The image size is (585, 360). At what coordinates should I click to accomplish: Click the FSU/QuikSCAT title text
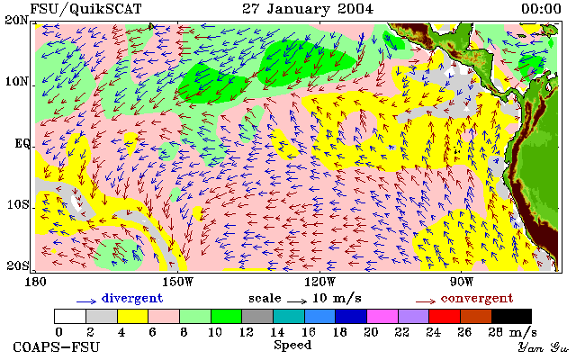85,9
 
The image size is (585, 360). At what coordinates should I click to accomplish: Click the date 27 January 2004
308,9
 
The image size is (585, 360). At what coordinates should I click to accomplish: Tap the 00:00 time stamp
541,9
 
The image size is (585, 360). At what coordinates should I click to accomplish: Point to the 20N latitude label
16,20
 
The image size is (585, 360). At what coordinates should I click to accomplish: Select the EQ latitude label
22,143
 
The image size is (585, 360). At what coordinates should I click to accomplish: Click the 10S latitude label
18,204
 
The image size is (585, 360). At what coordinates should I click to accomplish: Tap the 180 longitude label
35,282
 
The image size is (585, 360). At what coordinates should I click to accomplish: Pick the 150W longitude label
178,282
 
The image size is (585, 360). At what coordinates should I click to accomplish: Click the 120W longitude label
319,282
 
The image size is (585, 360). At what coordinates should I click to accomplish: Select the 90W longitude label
462,282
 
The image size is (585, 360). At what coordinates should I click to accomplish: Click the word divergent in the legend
132,299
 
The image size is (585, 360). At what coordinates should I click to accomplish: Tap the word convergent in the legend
477,299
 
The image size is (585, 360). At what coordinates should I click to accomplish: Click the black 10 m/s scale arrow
297,301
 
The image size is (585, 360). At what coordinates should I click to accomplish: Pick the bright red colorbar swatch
445,316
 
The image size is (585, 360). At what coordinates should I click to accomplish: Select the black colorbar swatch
511,316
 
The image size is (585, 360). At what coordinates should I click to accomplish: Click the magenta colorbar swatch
382,316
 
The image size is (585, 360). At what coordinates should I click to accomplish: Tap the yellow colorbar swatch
133,316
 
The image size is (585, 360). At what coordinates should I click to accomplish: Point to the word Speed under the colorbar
292,345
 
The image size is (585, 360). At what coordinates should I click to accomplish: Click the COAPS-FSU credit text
57,347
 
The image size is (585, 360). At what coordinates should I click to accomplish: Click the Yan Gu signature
543,348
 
